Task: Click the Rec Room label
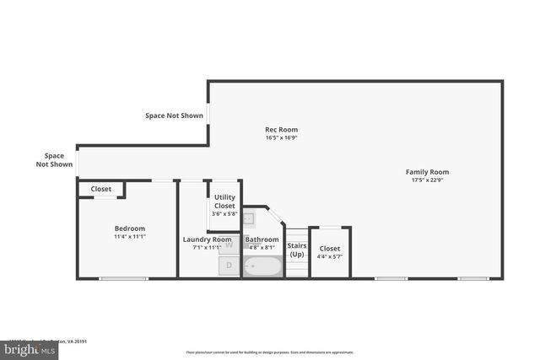(282, 130)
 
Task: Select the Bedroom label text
(130, 228)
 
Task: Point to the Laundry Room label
(208, 239)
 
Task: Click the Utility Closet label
(224, 201)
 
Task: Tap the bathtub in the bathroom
(262, 266)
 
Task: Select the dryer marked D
(229, 266)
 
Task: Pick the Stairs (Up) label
(297, 250)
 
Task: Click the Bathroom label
(262, 239)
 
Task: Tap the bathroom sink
(249, 219)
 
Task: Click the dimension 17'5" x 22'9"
(427, 180)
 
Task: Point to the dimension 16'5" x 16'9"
(282, 138)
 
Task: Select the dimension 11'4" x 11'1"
(130, 237)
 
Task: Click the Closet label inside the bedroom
(100, 189)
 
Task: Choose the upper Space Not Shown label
(175, 116)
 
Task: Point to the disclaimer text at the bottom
(270, 352)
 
